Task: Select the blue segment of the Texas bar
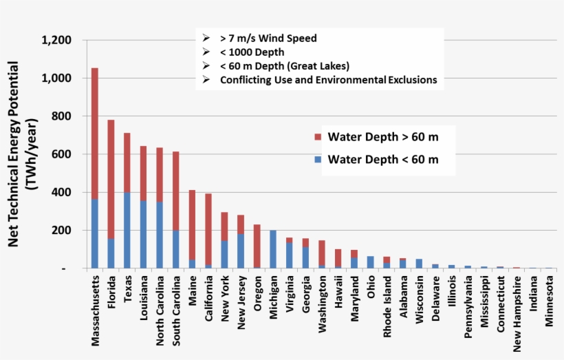(x=127, y=231)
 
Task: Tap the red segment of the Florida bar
(x=111, y=179)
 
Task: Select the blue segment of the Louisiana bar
(x=144, y=234)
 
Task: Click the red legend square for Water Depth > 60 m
(x=317, y=137)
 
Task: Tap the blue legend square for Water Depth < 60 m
(x=317, y=160)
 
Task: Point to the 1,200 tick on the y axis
(x=56, y=41)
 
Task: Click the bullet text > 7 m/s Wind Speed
(x=268, y=39)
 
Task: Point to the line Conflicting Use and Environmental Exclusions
(x=328, y=80)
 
